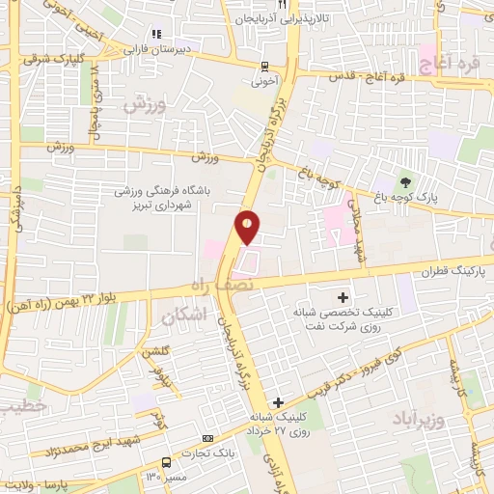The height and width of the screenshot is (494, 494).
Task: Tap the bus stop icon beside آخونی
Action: click(x=264, y=67)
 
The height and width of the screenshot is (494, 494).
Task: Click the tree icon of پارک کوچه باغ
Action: click(x=405, y=180)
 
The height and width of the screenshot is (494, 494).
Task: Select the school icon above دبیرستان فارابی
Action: click(x=156, y=36)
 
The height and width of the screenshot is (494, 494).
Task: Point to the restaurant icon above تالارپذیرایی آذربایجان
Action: click(x=281, y=3)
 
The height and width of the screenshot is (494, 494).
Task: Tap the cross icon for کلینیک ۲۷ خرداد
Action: click(x=278, y=401)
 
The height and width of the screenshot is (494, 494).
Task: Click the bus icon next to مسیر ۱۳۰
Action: click(x=165, y=462)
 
